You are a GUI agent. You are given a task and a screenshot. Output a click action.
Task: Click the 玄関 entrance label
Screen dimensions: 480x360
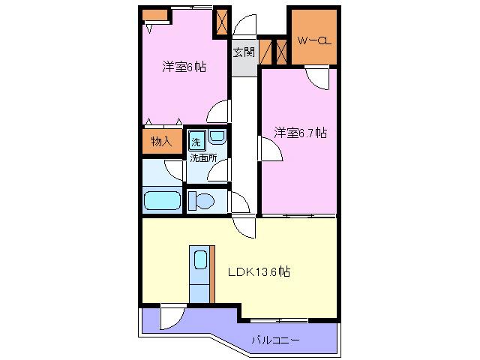coord(244,52)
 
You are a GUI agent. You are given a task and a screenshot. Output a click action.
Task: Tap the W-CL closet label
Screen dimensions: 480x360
coord(314,40)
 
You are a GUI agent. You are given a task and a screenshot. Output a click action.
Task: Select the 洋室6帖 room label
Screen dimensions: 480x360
coord(184,67)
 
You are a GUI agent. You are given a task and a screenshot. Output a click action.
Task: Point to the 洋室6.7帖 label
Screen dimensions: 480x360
coord(300,133)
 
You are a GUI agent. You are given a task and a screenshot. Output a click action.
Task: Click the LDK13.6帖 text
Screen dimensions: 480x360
coord(259,271)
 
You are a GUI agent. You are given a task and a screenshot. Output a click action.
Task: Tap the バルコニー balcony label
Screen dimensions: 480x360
coord(275,340)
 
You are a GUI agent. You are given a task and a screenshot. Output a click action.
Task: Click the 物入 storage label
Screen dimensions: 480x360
coord(162,142)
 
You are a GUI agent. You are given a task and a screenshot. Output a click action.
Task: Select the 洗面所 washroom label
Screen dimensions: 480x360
coord(203,158)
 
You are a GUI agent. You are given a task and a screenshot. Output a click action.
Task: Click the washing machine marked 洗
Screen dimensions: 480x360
coord(196,140)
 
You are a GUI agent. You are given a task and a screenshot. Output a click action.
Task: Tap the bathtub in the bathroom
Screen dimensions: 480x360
coord(162,200)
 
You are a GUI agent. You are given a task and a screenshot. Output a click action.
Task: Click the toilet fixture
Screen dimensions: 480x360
coord(201,201)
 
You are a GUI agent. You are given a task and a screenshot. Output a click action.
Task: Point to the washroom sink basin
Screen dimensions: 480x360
coord(217,136)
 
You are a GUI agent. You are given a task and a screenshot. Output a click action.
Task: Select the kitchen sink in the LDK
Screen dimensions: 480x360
coord(201,260)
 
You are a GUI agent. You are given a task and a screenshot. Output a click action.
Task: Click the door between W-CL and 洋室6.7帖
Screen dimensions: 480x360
coord(316,77)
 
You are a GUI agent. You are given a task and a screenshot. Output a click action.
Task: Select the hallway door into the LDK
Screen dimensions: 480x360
coord(244,226)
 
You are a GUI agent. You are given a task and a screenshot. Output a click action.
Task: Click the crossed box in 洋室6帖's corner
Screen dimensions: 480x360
coord(222,22)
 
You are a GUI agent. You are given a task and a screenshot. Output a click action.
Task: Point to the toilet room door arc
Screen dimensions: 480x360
coord(241,202)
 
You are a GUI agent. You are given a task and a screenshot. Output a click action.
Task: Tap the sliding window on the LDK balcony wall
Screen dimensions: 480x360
coord(279,320)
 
